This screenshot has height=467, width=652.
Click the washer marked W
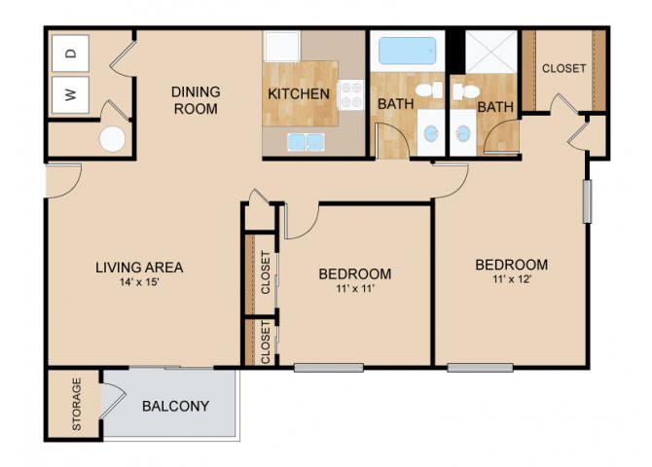70,94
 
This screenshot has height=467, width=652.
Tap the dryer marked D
70,54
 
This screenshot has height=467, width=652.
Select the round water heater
112,139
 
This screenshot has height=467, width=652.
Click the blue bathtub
408,52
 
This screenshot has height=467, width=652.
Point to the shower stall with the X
490,52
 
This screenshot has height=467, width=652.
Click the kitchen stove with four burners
351,94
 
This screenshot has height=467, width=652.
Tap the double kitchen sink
306,142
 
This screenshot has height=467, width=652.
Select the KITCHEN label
299,94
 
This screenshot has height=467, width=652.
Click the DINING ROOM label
196,100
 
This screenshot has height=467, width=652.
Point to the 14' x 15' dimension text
140,282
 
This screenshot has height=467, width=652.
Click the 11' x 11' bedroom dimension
354,289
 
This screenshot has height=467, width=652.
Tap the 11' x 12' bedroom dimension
512,279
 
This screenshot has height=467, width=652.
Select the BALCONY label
175,406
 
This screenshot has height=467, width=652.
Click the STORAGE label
77,404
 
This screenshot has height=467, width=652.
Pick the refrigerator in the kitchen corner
282,46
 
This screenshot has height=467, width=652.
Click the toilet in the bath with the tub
429,90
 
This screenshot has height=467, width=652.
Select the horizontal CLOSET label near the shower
563,68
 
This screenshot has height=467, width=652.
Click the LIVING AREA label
139,267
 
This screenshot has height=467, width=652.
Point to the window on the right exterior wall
587,200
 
